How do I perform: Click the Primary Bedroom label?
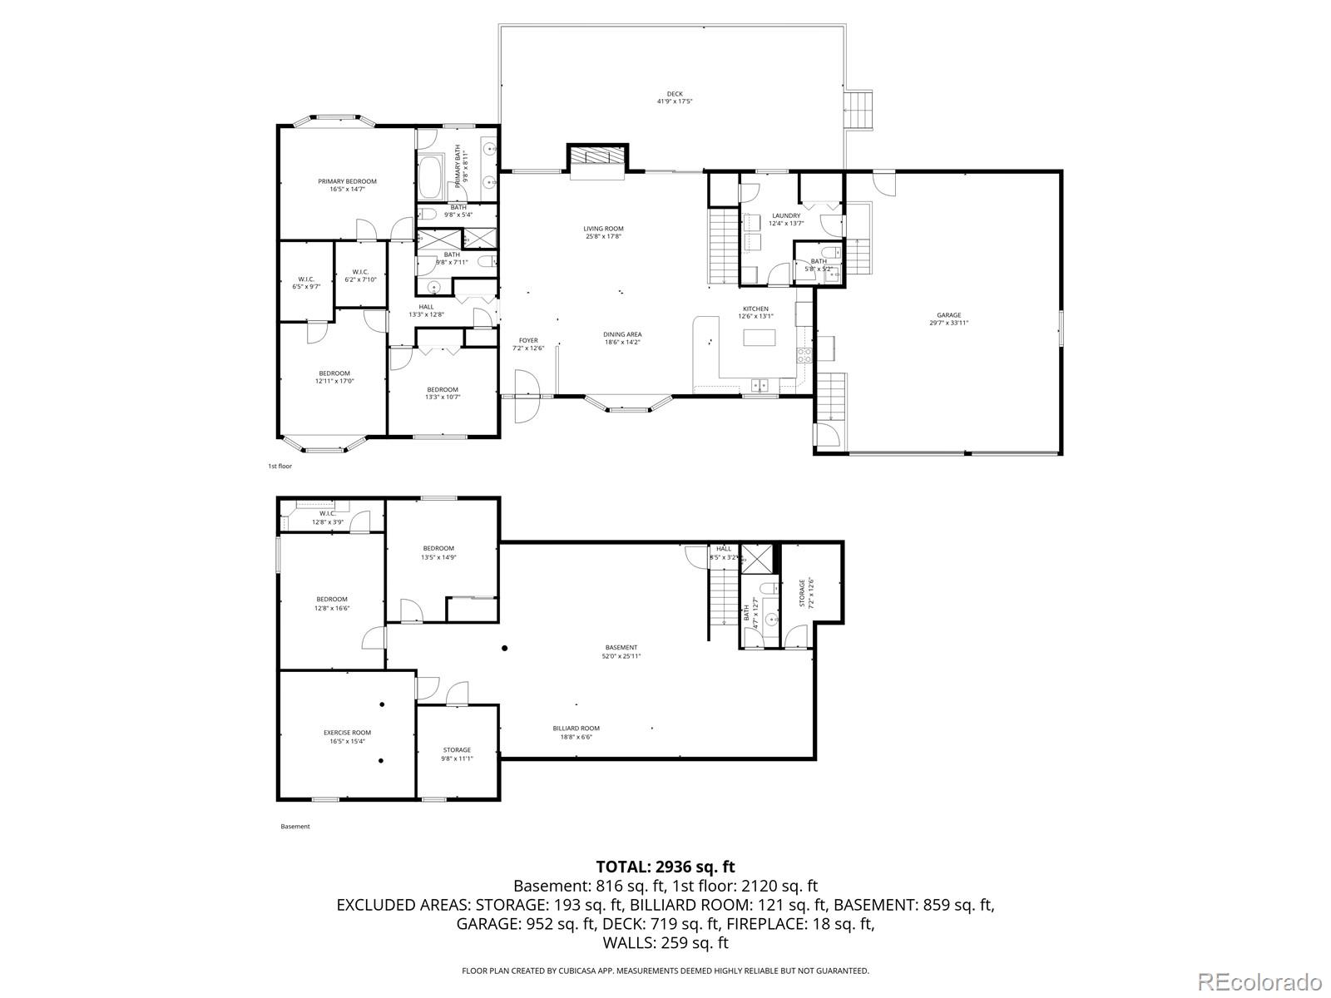click(347, 185)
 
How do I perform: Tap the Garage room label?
click(948, 319)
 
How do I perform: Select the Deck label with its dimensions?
click(675, 97)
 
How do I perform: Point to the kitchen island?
click(759, 338)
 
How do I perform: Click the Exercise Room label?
click(347, 736)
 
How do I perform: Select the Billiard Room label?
click(576, 732)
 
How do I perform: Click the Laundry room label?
click(786, 219)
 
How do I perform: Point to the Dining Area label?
click(622, 338)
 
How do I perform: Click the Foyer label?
click(528, 343)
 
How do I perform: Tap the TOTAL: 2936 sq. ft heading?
click(665, 867)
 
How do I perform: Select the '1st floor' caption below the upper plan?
click(280, 467)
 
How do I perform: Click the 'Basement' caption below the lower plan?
click(294, 827)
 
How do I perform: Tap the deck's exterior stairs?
click(860, 110)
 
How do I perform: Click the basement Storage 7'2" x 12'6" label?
click(803, 593)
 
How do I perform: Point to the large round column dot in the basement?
click(504, 648)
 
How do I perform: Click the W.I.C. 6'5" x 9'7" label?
click(305, 283)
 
